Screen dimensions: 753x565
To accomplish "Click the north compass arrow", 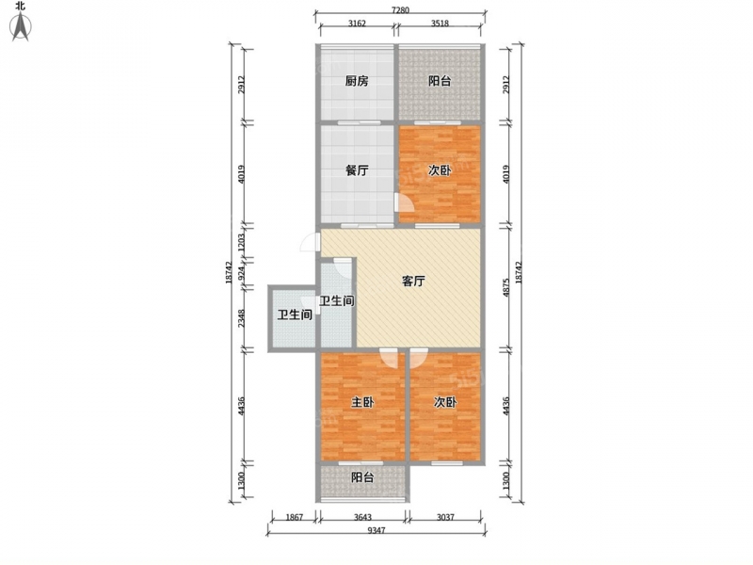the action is click(x=21, y=27).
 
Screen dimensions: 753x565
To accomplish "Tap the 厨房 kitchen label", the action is click(x=357, y=81).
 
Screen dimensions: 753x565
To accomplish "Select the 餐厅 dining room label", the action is click(x=357, y=170).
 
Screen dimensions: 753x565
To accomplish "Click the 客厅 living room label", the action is click(x=413, y=281).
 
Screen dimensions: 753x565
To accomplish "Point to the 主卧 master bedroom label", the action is click(x=362, y=402).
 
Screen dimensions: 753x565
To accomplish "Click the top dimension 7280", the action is click(x=400, y=10).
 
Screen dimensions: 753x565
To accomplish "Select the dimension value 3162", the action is click(x=357, y=23).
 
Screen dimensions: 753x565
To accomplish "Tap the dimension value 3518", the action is click(x=440, y=23).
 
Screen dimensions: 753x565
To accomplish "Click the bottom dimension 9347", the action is click(x=376, y=530).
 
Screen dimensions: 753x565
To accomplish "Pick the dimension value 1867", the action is click(x=295, y=517).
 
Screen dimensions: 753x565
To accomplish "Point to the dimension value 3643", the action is click(x=363, y=517).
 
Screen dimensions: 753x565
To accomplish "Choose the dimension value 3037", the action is click(x=445, y=517).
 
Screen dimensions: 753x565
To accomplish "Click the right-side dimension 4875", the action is click(x=505, y=288).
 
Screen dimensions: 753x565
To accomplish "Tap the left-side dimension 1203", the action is click(x=242, y=242).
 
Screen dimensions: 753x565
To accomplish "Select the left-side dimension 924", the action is click(x=242, y=274).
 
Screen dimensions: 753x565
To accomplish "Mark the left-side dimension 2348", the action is click(x=242, y=318).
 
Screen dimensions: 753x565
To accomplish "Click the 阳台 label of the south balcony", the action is click(x=362, y=477).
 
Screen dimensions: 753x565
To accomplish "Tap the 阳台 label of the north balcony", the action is click(x=440, y=81).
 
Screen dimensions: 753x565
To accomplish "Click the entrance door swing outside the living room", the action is click(x=310, y=242).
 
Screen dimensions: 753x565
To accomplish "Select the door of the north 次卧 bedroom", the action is click(x=404, y=202).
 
